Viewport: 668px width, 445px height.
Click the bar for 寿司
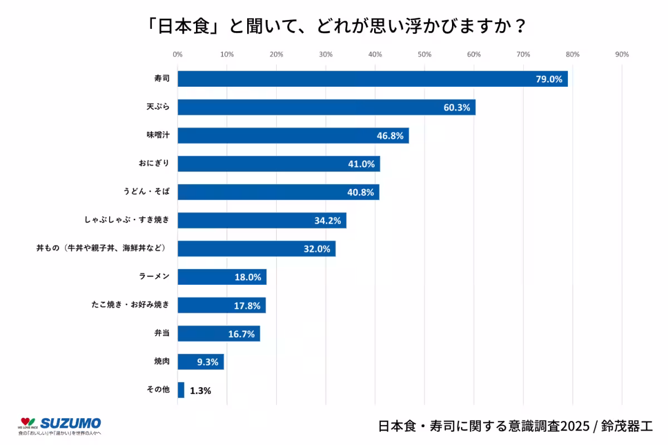click(372, 79)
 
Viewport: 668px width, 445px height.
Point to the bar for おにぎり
click(278, 164)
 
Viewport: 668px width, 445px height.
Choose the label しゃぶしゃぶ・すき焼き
click(126, 220)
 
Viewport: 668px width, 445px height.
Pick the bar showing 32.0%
click(256, 249)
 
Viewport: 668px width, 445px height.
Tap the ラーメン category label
click(154, 277)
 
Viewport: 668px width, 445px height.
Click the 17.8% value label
click(247, 305)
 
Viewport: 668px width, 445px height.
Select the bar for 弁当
click(218, 334)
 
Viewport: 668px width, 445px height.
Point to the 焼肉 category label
click(161, 362)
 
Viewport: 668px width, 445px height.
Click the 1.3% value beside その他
click(200, 390)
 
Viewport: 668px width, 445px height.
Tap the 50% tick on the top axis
click(424, 55)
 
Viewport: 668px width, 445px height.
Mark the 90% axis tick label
click(622, 55)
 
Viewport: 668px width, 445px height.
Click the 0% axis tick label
click(178, 55)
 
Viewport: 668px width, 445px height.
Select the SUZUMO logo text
click(71, 423)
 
